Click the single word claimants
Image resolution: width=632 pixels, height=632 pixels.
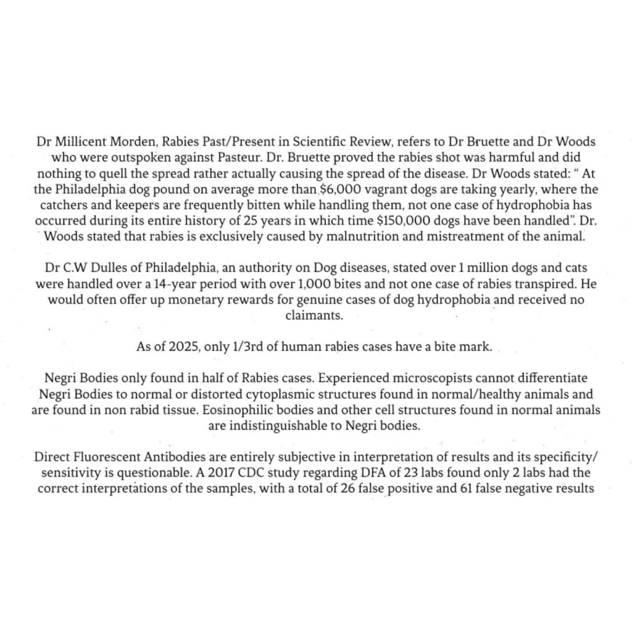click(x=314, y=315)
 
